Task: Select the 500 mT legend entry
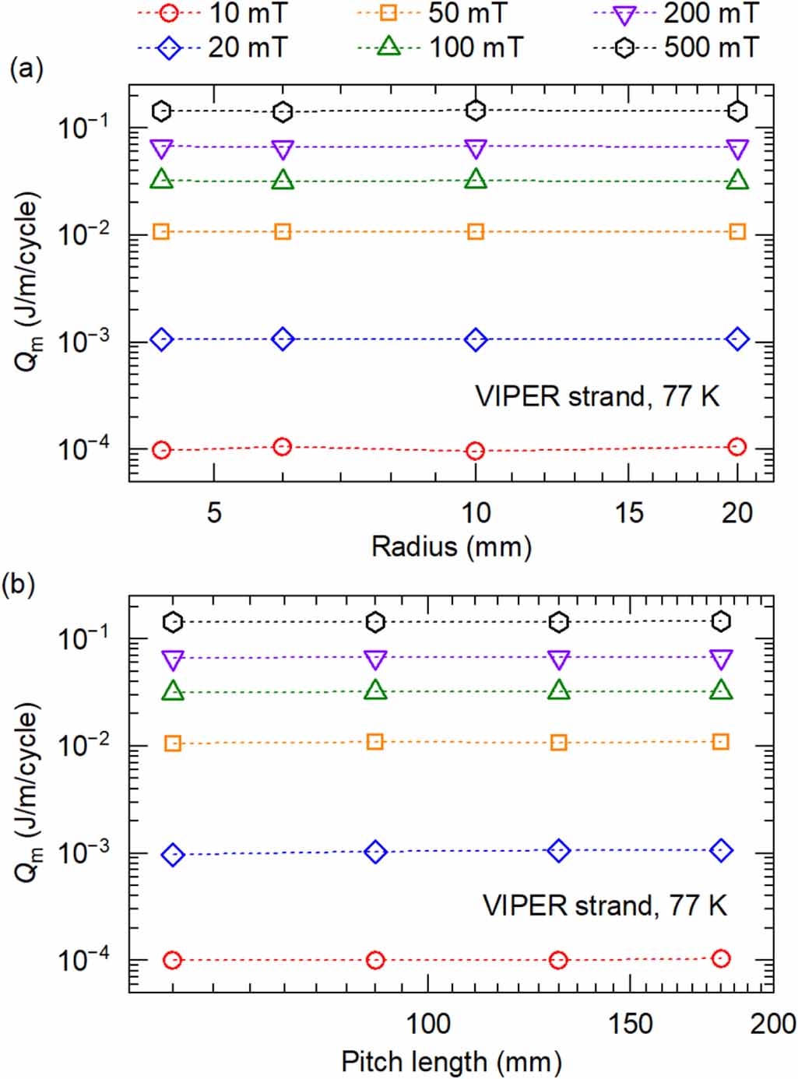pos(675,48)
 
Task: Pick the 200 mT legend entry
pos(675,13)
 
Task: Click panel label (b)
pos(19,583)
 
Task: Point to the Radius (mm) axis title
pos(452,547)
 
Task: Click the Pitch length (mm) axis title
pos(452,1061)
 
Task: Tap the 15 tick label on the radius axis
pos(628,512)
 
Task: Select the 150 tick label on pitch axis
pos(630,1024)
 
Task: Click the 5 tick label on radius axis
pos(214,512)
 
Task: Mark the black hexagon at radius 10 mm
pos(476,111)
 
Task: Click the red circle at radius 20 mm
pos(737,447)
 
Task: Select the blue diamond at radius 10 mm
pos(476,339)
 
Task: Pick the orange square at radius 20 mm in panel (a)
pos(737,232)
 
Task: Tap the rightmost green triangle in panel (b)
pos(722,691)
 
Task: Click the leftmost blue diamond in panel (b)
pos(173,855)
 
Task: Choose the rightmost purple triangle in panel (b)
pos(722,659)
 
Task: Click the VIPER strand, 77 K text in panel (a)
pos(597,396)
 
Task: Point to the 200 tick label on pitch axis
pos(772,1024)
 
